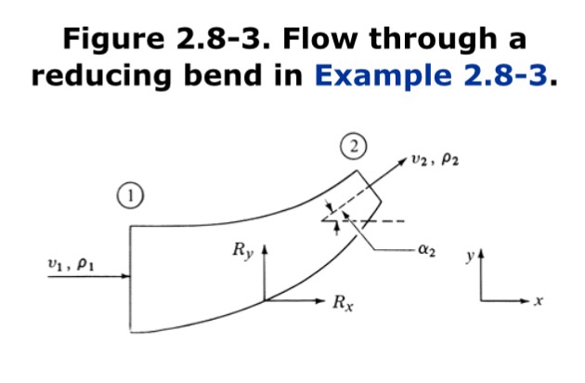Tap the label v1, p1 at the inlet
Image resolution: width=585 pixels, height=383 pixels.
tap(70, 265)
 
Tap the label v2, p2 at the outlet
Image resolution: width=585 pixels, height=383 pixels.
tap(436, 160)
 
